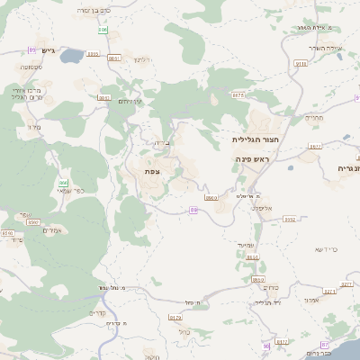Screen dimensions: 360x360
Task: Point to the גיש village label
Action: [x=48, y=50]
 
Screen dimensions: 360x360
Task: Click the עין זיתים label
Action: [x=130, y=102]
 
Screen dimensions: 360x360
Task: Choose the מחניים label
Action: [x=314, y=117]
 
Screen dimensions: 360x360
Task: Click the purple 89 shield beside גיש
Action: [x=32, y=49]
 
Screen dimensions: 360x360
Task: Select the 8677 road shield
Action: [x=315, y=146]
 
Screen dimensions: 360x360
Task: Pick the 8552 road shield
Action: [x=290, y=219]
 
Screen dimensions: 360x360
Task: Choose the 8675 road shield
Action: [x=238, y=94]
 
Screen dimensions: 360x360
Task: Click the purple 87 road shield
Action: [x=266, y=346]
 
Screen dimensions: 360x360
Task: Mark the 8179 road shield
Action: [x=175, y=318]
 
